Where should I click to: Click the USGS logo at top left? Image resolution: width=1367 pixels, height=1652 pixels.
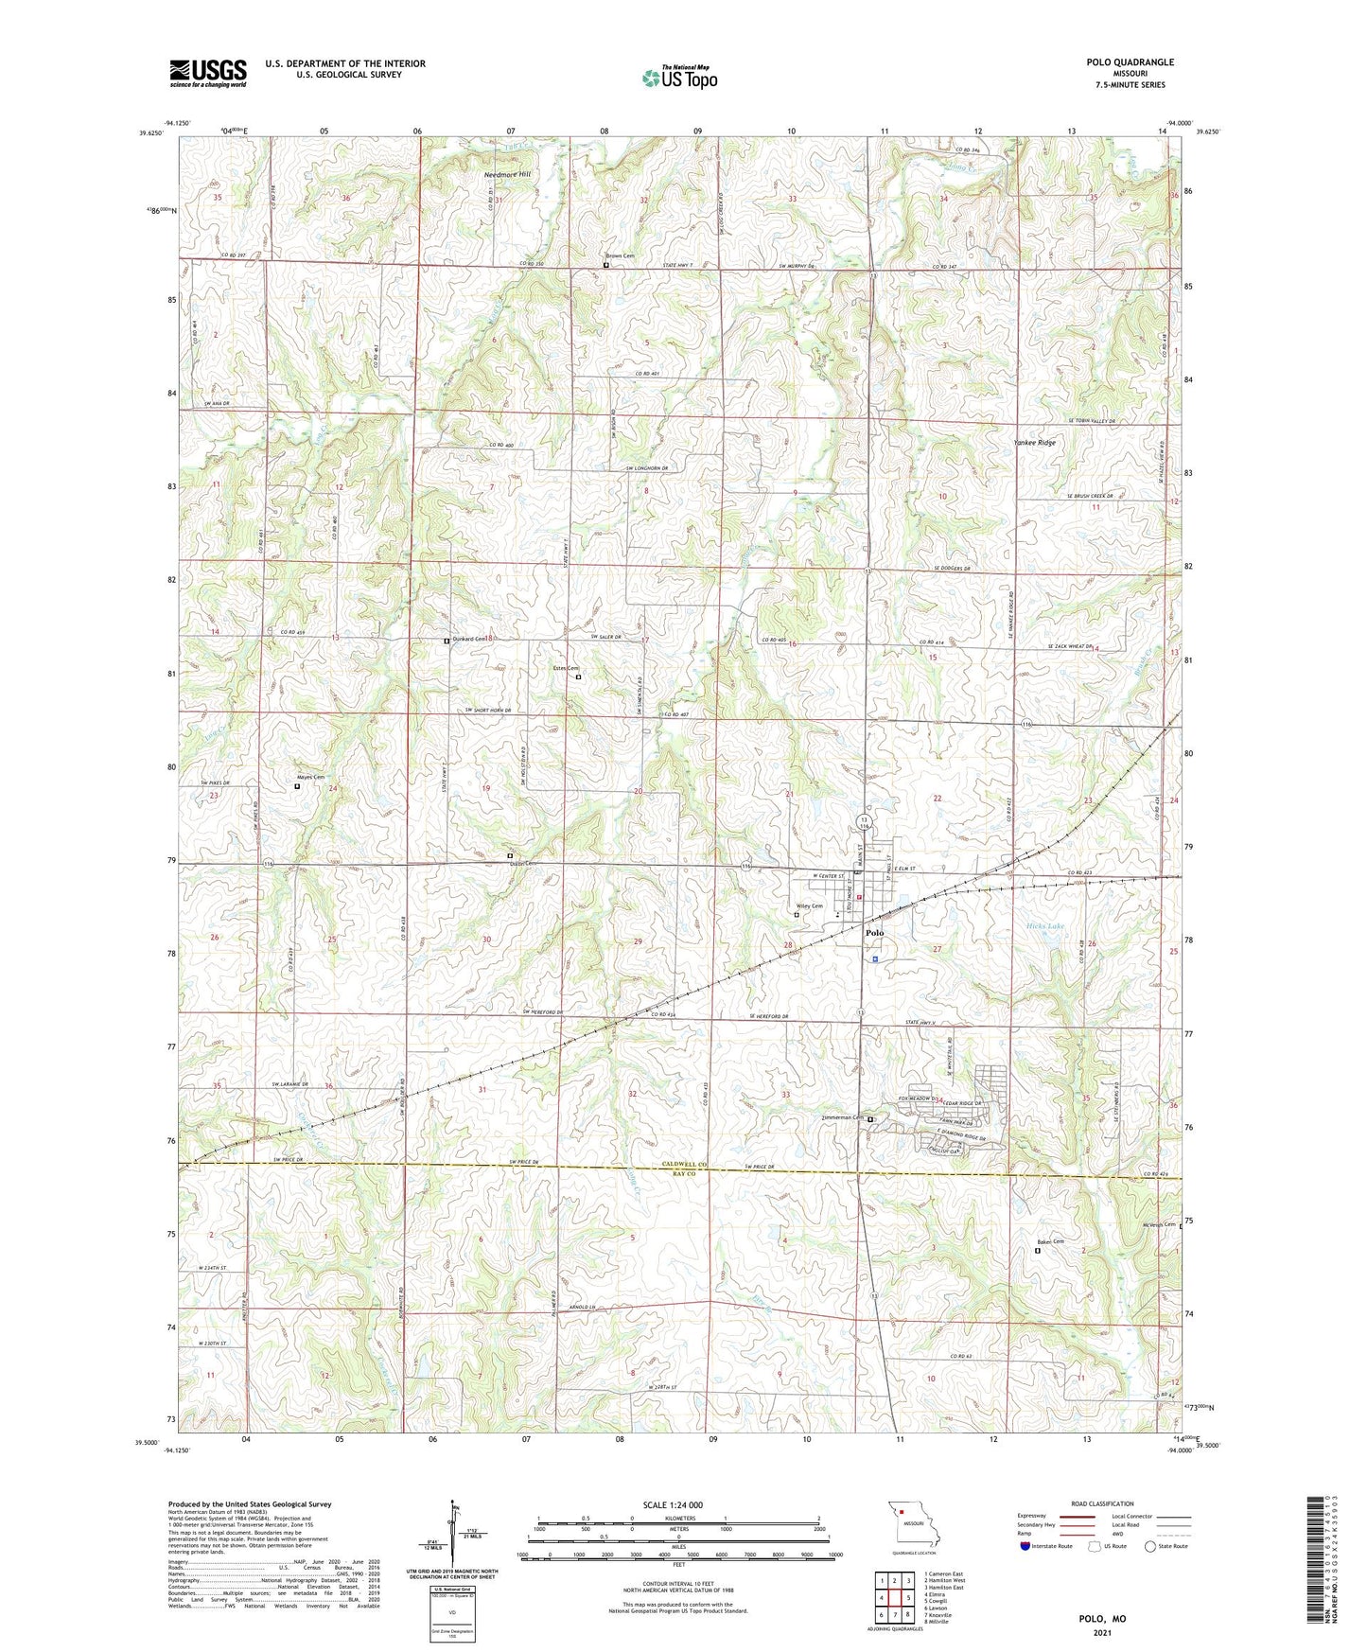pos(208,73)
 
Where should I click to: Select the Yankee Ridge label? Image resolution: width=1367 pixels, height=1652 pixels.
pos(1034,443)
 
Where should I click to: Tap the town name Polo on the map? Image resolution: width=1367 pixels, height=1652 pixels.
pos(875,933)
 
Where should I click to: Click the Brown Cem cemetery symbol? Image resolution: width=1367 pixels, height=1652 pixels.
pos(606,265)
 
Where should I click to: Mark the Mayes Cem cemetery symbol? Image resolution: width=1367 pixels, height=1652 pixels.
pos(297,785)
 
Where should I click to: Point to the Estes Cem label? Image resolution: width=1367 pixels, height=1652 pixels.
pos(566,669)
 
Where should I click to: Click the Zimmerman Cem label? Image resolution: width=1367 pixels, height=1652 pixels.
pos(844,1117)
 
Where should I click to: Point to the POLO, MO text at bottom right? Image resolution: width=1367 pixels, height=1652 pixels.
pos(1102,1618)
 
